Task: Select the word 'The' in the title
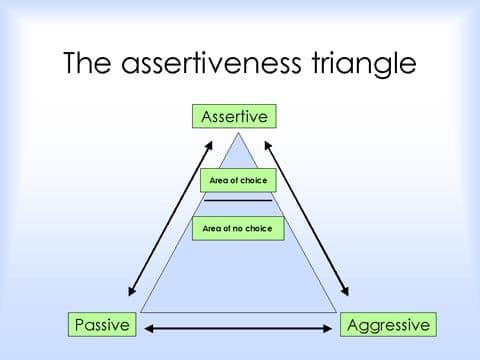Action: pyautogui.click(x=90, y=64)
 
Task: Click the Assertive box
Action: pyautogui.click(x=234, y=116)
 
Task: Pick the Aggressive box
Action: pyautogui.click(x=387, y=325)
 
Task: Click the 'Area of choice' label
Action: pyautogui.click(x=238, y=181)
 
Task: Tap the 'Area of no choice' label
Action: pyautogui.click(x=238, y=229)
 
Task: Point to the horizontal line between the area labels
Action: pyautogui.click(x=238, y=201)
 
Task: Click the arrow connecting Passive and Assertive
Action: pyautogui.click(x=170, y=218)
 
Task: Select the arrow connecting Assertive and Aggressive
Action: pyautogui.click(x=306, y=218)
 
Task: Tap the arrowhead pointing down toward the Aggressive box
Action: pyautogui.click(x=346, y=293)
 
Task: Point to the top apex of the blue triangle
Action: pyautogui.click(x=238, y=132)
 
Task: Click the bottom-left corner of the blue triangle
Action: pyautogui.click(x=141, y=312)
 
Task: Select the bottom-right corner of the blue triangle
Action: pyautogui.click(x=336, y=312)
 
